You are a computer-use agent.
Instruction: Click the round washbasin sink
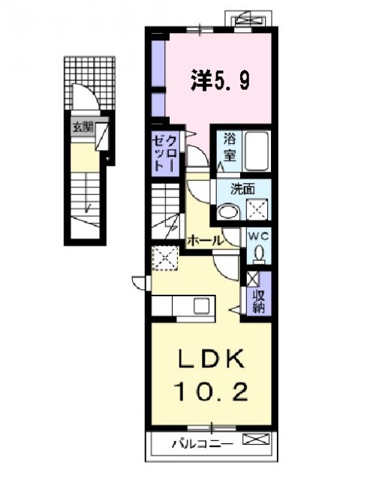click(x=226, y=212)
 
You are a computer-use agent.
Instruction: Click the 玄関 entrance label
click(x=82, y=127)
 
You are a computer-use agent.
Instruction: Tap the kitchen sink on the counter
click(x=202, y=306)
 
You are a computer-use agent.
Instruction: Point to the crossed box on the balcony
click(x=256, y=442)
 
